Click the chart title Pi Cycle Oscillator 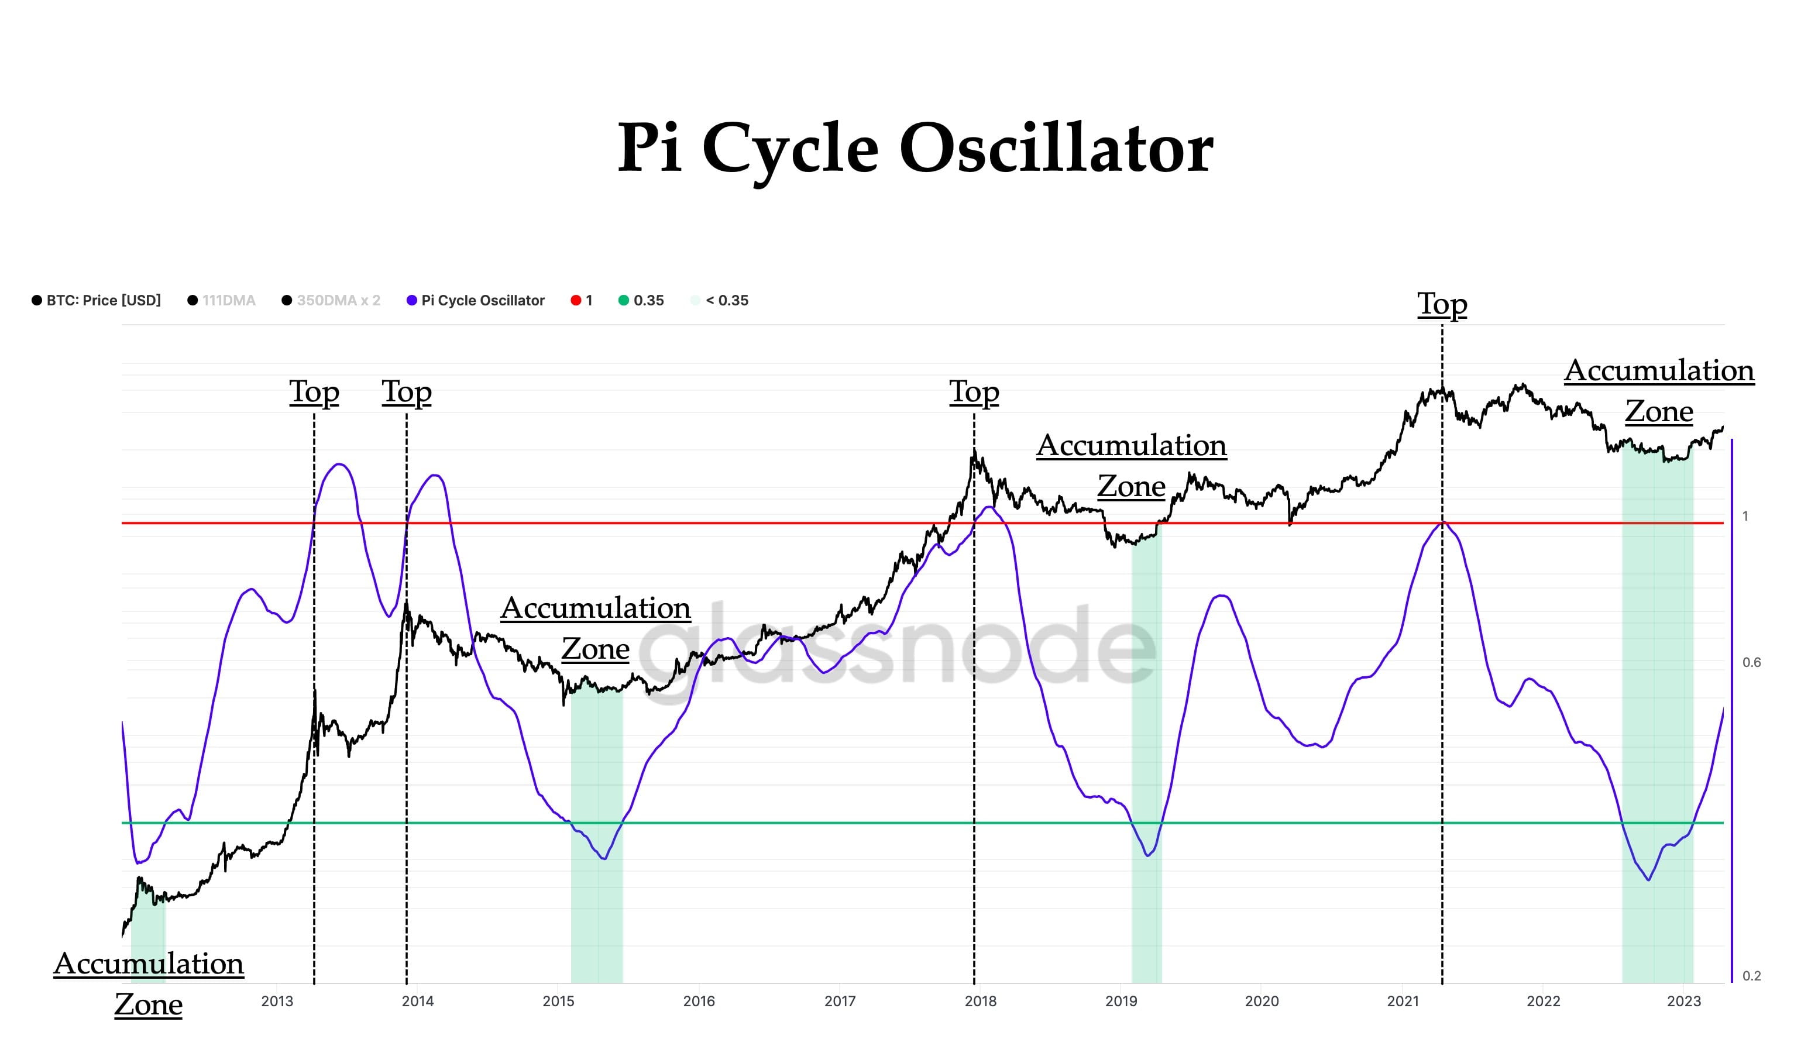915,148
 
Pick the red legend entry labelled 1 582,300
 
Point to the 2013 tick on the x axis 277,1002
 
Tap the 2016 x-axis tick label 699,1002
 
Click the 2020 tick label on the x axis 1262,1002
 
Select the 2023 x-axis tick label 1683,1002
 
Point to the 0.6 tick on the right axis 1751,663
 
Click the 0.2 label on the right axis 1751,976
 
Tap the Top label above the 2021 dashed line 1442,305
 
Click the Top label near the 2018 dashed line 974,392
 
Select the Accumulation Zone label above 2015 595,628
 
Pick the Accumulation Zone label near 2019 1131,466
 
